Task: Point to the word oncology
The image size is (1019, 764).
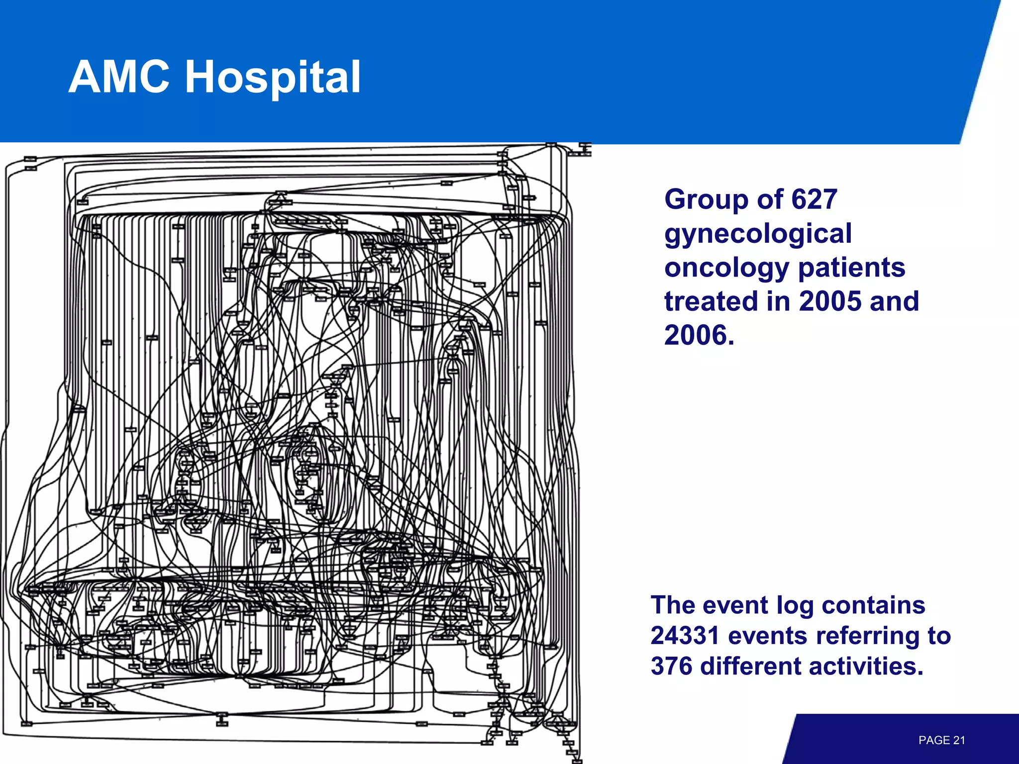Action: pyautogui.click(x=726, y=269)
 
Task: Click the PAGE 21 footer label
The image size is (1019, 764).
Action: pyautogui.click(x=941, y=740)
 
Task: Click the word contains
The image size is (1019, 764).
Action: pyautogui.click(x=873, y=606)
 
